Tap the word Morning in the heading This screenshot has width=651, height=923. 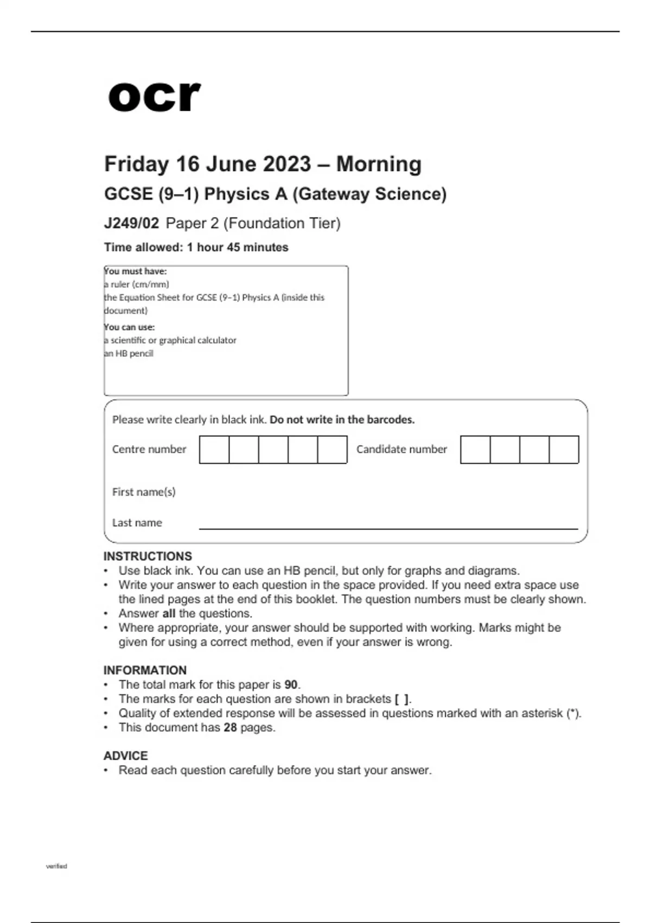pos(379,164)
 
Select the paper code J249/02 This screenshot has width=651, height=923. pos(131,223)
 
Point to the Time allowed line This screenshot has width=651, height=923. pos(196,248)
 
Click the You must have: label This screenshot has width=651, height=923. pos(136,271)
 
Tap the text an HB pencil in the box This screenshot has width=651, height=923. pos(129,353)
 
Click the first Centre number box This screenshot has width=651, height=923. pos(214,450)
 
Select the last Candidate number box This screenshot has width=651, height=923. pos(564,450)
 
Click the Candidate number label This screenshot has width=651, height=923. pos(401,450)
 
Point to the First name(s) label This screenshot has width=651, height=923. pos(144,492)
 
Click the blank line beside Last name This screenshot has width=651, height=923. pos(388,524)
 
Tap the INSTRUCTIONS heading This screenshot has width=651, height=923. pos(148,557)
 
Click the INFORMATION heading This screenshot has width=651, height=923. pos(145,671)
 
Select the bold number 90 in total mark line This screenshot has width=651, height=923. pos(291,685)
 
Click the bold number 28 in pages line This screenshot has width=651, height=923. pos(230,728)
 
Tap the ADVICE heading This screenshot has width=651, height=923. pos(125,756)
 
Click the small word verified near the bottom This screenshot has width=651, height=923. pos(56,866)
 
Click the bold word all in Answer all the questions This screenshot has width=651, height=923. pos(169,614)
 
